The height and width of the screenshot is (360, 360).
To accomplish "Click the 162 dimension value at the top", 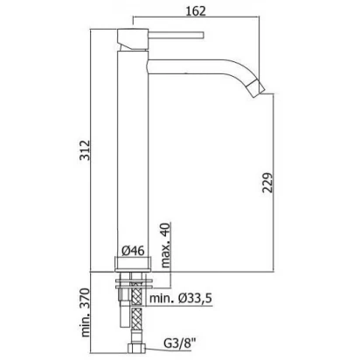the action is [x=196, y=11].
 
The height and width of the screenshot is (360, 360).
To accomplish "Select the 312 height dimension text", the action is [x=86, y=150].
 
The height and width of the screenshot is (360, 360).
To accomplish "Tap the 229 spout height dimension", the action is [x=267, y=183].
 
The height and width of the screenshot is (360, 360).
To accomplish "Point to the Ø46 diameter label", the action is [x=133, y=251].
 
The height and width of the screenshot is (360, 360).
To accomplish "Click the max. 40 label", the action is [x=165, y=246].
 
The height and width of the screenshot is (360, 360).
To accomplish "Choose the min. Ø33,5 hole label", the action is [x=181, y=298].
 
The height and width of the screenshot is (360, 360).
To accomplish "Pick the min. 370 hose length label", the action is [x=86, y=313].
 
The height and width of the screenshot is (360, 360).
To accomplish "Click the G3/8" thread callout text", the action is [x=179, y=343].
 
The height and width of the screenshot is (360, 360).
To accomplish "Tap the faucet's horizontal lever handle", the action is [x=176, y=35].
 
